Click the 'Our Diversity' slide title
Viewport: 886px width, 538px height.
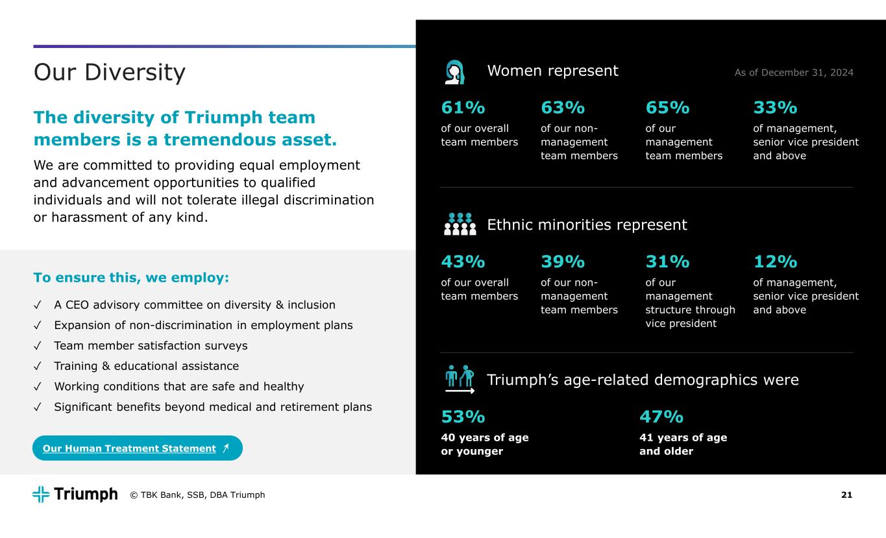(x=109, y=73)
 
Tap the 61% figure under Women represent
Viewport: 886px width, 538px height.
(x=463, y=107)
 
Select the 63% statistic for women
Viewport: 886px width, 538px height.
(x=563, y=107)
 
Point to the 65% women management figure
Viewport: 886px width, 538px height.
(x=667, y=107)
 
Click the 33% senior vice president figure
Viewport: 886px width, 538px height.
(x=775, y=107)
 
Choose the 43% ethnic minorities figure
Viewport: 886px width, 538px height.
(x=463, y=262)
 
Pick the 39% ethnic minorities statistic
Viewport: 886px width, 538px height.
(x=563, y=262)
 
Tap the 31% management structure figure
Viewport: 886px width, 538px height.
(x=667, y=262)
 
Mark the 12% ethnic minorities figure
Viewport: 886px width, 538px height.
(x=775, y=262)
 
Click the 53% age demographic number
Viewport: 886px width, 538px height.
(x=463, y=416)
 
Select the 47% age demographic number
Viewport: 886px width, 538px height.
(x=661, y=416)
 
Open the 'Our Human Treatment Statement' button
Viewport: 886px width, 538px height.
(x=137, y=448)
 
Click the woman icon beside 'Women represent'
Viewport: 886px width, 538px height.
(x=455, y=72)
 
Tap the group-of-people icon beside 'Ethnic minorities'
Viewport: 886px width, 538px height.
(x=460, y=224)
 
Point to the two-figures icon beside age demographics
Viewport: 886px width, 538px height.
(x=460, y=379)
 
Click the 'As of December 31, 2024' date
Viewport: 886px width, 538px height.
(x=794, y=73)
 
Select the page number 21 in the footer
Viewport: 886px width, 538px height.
(x=846, y=495)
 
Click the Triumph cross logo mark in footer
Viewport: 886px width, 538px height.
(x=41, y=495)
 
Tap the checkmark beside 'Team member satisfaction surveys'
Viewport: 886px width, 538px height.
(x=38, y=345)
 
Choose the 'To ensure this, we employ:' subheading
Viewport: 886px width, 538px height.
(x=131, y=278)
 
